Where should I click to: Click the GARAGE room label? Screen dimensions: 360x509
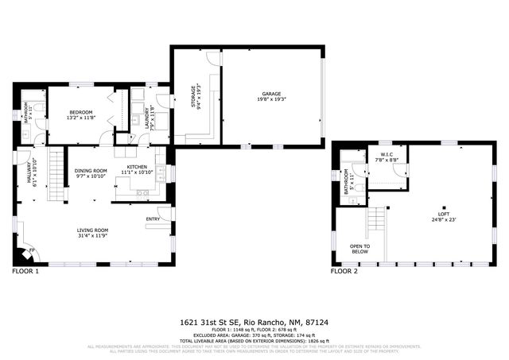pos(272,93)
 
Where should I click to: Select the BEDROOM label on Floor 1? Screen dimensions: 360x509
pos(80,112)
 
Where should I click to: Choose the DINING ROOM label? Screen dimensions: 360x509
pos(91,170)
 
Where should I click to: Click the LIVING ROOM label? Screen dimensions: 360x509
pos(92,230)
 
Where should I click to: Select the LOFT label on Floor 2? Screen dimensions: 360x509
pos(444,214)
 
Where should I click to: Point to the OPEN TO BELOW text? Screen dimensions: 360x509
pos(359,249)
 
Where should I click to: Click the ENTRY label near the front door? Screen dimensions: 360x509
pos(153,219)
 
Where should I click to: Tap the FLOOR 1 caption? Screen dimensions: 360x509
pos(25,272)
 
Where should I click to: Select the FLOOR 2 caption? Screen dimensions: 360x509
pos(344,272)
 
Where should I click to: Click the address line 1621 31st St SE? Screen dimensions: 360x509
pos(254,323)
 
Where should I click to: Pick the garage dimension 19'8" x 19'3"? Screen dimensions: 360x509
pos(272,99)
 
